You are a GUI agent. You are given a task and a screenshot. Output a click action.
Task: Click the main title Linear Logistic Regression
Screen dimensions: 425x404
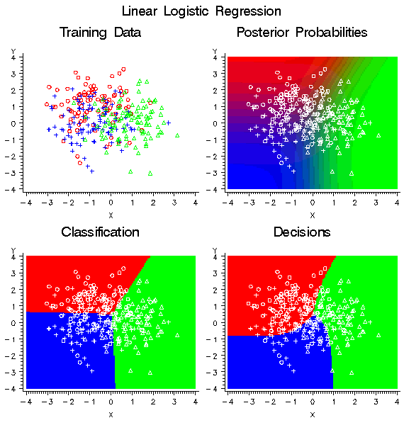click(x=201, y=11)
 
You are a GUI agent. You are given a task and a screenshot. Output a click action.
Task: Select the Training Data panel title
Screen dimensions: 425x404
click(x=100, y=33)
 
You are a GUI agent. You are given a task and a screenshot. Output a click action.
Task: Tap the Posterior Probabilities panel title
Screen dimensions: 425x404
click(x=301, y=33)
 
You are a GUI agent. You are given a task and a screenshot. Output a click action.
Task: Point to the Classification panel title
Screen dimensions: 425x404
click(x=100, y=232)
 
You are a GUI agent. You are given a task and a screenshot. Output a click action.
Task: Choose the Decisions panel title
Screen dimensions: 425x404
click(x=301, y=232)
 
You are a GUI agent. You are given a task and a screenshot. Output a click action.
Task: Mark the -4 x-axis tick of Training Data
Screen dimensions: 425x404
click(x=26, y=203)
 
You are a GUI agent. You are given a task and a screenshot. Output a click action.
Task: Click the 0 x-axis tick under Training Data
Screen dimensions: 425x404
click(x=111, y=203)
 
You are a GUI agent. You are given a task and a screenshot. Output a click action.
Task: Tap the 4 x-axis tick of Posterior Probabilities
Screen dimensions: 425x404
click(x=396, y=203)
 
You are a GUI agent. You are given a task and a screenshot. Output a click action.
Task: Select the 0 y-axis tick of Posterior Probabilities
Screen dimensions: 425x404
click(x=215, y=123)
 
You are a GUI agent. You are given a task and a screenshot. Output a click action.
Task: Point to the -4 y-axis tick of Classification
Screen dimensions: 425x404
click(x=13, y=389)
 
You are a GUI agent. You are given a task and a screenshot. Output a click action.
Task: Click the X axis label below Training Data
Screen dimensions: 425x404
click(x=111, y=214)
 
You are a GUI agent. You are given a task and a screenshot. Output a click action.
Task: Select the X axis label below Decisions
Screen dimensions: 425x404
click(x=312, y=414)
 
